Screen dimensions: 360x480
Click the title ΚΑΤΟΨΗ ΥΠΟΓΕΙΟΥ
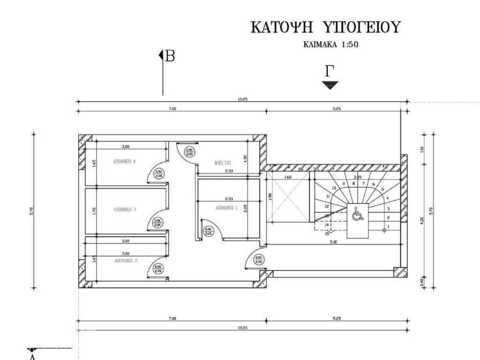click(x=326, y=27)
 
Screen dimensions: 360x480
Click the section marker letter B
click(x=170, y=56)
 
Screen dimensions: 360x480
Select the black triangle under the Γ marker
click(x=330, y=85)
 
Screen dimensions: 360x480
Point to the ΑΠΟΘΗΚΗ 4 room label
click(x=124, y=162)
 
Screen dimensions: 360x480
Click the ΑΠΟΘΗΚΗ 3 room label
click(x=124, y=210)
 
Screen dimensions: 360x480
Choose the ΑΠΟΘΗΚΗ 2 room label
click(x=125, y=260)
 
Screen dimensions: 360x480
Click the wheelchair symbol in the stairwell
click(x=357, y=214)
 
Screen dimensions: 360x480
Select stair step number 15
click(x=327, y=233)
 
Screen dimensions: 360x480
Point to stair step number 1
click(x=389, y=227)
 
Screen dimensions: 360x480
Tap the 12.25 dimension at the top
click(x=242, y=99)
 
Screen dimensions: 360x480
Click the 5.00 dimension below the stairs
click(x=333, y=242)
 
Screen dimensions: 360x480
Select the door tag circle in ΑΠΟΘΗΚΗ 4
click(x=158, y=173)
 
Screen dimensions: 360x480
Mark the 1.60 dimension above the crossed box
click(x=288, y=177)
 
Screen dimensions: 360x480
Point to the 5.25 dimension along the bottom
click(x=337, y=318)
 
